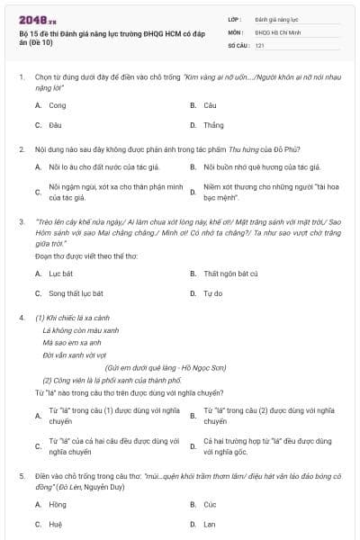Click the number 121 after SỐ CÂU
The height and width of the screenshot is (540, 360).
(259, 44)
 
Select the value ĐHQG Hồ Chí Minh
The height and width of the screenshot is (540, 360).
(275, 31)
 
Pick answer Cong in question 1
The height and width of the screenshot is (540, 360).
(57, 105)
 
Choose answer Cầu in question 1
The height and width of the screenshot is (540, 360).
(210, 105)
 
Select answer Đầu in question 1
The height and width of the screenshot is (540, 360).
(55, 125)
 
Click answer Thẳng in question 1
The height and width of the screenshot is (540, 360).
(213, 125)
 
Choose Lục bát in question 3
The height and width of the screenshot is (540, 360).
(60, 273)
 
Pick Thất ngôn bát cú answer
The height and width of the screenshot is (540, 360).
(230, 273)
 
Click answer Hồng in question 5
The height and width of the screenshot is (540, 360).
(58, 504)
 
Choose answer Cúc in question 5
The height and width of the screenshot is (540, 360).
(210, 504)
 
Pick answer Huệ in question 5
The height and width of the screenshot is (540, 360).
(55, 524)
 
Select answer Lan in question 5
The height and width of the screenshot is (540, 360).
(210, 524)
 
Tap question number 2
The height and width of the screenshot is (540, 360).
(21, 148)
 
